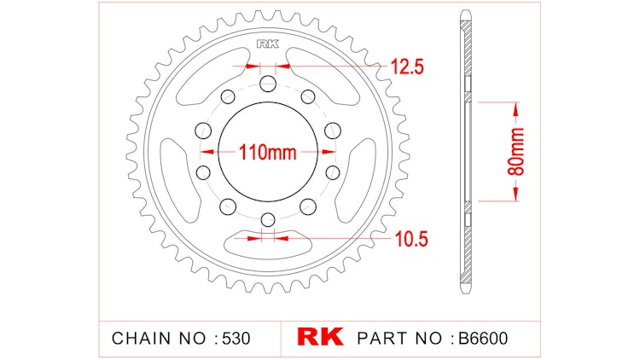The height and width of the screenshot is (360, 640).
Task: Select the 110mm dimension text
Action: [267, 154]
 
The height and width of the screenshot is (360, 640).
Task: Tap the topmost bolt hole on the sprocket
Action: [267, 83]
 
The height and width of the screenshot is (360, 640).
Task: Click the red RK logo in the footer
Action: [320, 337]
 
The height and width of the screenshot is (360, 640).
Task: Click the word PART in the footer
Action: [385, 338]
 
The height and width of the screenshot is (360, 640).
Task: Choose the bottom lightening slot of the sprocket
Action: [267, 244]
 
